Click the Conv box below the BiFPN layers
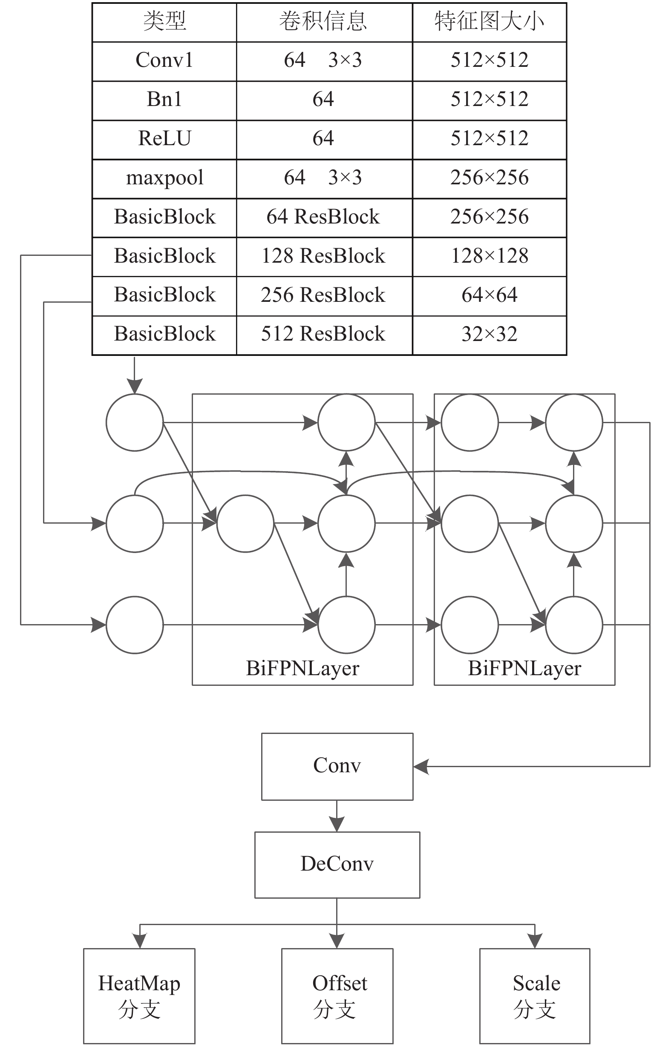337,767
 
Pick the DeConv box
337,865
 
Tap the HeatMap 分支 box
139,996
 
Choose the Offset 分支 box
337,996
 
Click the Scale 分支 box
535,996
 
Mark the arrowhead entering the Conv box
421,767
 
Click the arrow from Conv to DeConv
337,816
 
